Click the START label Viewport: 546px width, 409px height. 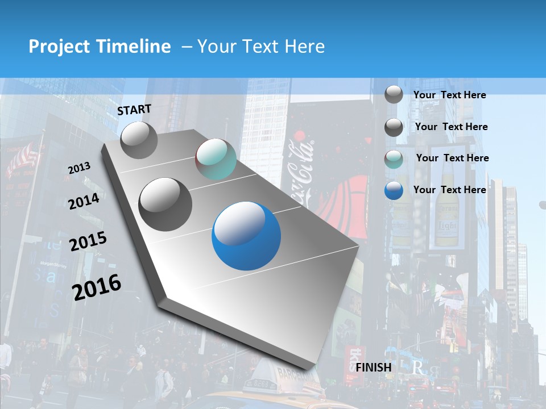coord(134,110)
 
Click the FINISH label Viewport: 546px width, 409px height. coord(374,368)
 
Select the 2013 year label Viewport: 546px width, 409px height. coord(79,168)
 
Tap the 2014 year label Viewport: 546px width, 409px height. coord(84,201)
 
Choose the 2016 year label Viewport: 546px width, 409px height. coord(97,287)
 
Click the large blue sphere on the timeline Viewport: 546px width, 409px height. coord(246,236)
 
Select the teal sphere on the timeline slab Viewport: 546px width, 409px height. coord(216,159)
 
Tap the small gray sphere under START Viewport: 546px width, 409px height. coord(139,140)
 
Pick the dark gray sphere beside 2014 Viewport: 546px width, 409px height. coord(165,204)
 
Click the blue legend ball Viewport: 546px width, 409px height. coord(394,190)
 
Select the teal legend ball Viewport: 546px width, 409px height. coord(394,159)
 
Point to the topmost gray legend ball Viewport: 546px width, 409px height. coord(394,94)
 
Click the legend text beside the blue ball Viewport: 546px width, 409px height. coord(450,190)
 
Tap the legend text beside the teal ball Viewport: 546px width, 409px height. coord(452,158)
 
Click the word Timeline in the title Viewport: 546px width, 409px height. coord(134,47)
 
